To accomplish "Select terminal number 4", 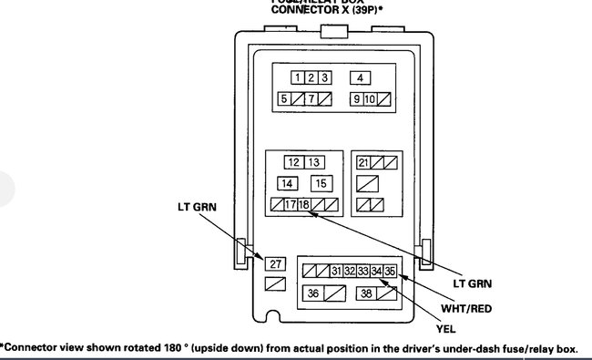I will [x=361, y=77].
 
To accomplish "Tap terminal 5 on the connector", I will [x=285, y=98].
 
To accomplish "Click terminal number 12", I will [x=292, y=162].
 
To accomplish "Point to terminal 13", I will [x=314, y=162].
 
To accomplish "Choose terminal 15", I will [x=321, y=183].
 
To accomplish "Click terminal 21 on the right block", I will [x=362, y=162].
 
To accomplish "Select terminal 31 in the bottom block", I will [x=336, y=271].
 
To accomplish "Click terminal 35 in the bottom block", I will [x=390, y=271].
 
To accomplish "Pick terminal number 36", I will [x=313, y=293].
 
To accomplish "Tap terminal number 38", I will [x=365, y=293].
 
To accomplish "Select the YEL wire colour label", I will [x=445, y=326].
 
